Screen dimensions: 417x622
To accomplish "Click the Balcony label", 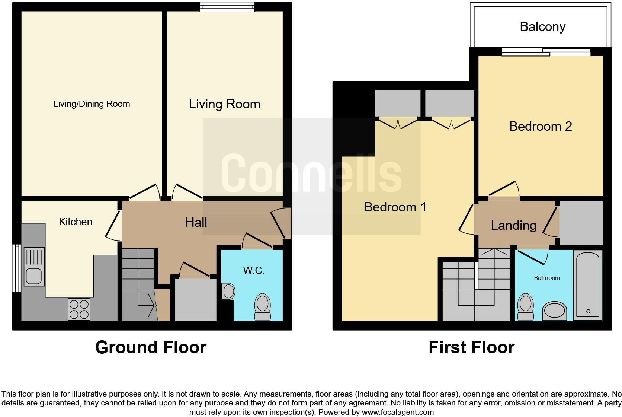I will [542, 26].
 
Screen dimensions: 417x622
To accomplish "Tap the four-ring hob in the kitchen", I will [79, 309].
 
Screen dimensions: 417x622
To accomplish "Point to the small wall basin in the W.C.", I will [228, 291].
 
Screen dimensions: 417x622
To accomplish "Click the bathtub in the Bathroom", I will [588, 285].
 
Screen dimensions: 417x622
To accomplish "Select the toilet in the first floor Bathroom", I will [526, 306].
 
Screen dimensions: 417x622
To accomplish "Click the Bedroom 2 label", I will [540, 127].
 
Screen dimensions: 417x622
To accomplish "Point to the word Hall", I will [196, 223].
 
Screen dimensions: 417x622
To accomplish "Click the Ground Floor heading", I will [151, 347].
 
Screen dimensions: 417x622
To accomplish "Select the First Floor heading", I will [471, 347].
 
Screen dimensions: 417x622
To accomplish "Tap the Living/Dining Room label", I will [92, 104].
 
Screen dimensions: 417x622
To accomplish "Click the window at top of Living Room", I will [227, 7].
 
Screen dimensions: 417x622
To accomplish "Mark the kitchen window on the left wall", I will [16, 268].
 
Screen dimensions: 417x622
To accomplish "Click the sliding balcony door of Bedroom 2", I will [546, 52].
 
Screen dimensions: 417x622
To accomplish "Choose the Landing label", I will [513, 225].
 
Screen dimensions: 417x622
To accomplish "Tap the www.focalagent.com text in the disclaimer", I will [398, 412].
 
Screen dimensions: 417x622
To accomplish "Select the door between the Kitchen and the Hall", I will [113, 226].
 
